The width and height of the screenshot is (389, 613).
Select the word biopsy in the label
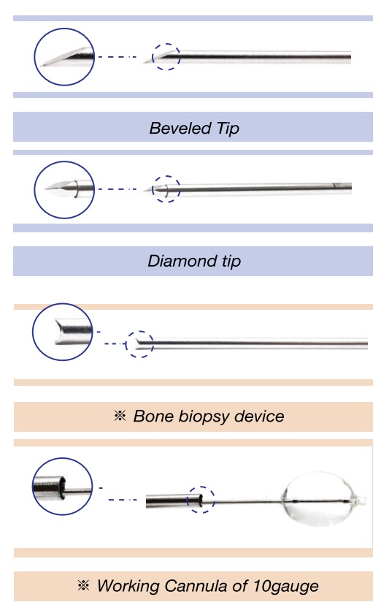pos(204,416)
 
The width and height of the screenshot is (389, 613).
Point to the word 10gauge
pos(285,587)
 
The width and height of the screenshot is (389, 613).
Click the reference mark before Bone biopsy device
pos(120,416)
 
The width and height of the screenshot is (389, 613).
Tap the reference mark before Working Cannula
pos(83,585)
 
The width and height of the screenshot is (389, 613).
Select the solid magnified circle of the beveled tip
pos(35,57)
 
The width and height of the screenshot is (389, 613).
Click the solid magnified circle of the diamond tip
pos(35,190)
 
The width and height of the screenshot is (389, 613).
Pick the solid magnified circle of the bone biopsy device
pos(33,332)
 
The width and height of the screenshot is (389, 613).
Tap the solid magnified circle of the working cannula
pos(33,487)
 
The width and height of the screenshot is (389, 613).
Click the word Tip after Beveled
pos(228,129)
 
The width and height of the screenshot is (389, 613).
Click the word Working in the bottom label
pos(128,587)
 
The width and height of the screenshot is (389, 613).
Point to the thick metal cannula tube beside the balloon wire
pos(174,502)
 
